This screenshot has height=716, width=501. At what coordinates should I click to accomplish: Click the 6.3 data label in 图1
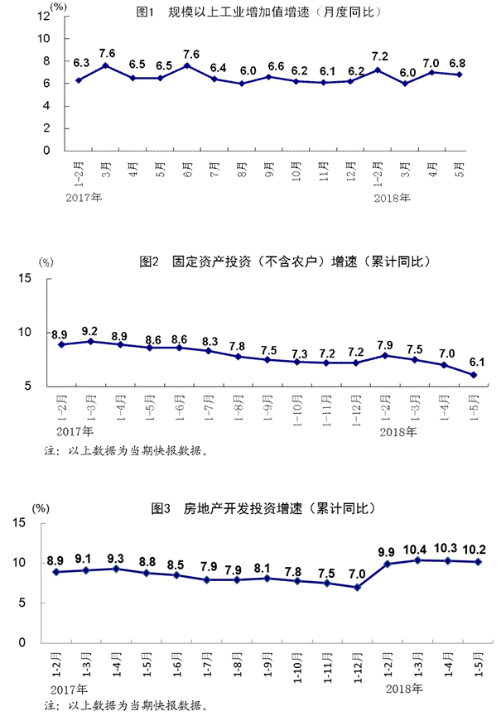tap(81, 63)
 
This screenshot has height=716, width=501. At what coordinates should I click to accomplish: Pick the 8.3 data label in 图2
tap(210, 340)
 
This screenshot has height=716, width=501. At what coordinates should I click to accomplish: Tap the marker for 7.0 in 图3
tap(357, 587)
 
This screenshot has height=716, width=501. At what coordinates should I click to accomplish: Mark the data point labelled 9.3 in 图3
tap(116, 569)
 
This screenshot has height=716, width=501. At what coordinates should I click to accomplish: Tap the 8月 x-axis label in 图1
tap(241, 171)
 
